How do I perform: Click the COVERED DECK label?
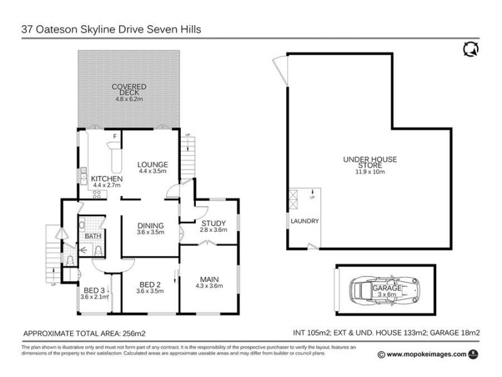[x=129, y=89]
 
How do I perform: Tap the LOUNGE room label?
[x=152, y=165]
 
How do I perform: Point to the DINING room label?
[x=150, y=226]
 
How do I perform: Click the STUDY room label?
[x=209, y=222]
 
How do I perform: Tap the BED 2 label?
[x=149, y=283]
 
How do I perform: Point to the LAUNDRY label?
[x=305, y=221]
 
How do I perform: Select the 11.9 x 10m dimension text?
[x=370, y=171]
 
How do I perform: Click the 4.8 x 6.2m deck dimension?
[x=129, y=99]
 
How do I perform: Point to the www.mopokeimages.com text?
[x=426, y=354]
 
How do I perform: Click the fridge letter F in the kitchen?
[x=114, y=136]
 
